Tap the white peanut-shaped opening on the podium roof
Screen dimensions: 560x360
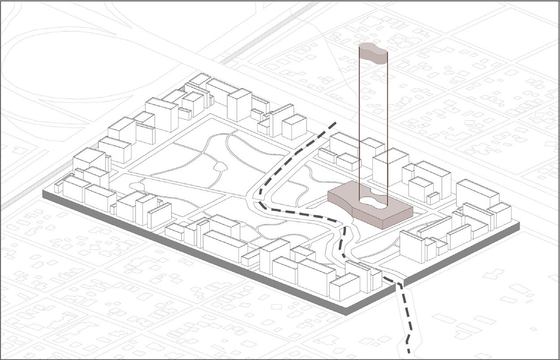[x=373, y=203]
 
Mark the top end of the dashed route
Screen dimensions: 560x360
[x=335, y=123]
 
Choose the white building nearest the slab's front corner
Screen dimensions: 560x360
[x=344, y=287]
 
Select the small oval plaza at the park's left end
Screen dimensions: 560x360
[x=136, y=186]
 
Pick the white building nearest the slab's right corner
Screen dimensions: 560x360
[x=500, y=215]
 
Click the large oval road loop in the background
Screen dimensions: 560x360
[x=67, y=67]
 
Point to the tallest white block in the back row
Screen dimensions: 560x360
[x=239, y=105]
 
